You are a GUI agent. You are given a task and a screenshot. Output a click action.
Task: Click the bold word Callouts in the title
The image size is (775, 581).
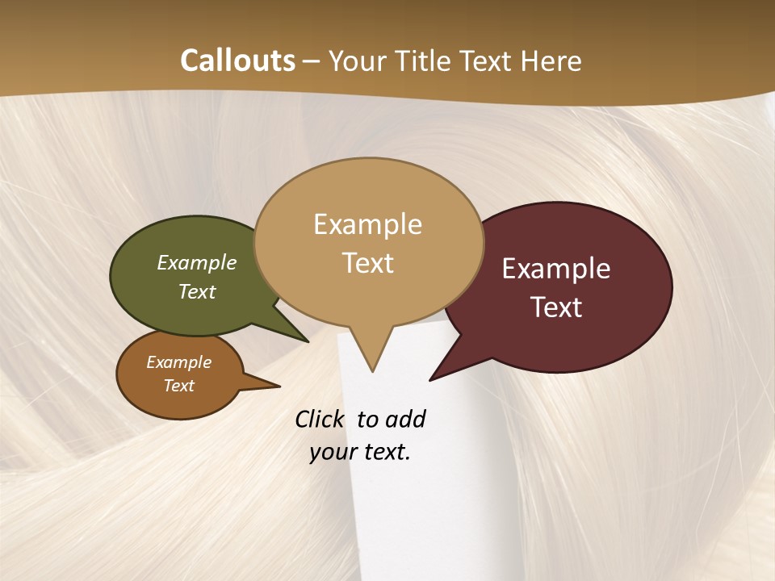tap(237, 61)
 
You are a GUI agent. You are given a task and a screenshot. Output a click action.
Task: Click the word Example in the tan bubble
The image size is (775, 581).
tap(367, 224)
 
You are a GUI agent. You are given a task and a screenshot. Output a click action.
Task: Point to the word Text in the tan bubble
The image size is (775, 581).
tap(367, 262)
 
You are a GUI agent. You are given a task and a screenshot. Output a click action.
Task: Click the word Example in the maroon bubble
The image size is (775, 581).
tap(556, 269)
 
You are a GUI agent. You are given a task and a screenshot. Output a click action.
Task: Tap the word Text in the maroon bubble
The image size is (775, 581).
tap(556, 307)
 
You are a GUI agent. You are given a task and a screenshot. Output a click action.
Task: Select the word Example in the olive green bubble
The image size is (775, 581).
tap(197, 263)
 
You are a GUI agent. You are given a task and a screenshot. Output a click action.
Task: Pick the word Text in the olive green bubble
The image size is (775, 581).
tap(197, 291)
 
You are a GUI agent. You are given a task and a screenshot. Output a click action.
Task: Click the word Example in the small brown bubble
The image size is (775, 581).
tap(179, 362)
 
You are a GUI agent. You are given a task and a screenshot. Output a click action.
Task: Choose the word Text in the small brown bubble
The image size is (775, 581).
tap(179, 386)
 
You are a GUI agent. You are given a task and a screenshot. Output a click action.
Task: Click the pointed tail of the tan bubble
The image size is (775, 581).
tap(371, 359)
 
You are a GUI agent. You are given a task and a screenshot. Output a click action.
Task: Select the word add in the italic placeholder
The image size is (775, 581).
tap(405, 420)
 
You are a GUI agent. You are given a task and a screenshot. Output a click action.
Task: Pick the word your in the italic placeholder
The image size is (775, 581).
tap(333, 452)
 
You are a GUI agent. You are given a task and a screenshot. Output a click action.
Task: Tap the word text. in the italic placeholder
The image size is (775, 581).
tap(386, 452)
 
